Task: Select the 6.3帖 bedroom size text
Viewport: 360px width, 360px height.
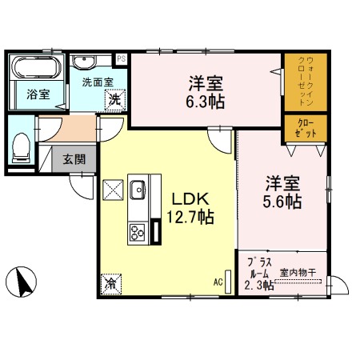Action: point(206,101)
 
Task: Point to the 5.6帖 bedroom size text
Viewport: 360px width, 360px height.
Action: point(284,202)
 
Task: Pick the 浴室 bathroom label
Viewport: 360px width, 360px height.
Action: point(38,94)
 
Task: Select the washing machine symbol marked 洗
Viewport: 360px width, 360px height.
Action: point(115,100)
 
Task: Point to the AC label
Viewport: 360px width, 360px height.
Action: point(218,282)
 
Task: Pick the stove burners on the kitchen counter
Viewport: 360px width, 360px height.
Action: point(137,234)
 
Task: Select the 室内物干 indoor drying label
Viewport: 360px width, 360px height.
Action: point(298,272)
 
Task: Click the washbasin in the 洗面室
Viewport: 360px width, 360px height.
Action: point(84,62)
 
